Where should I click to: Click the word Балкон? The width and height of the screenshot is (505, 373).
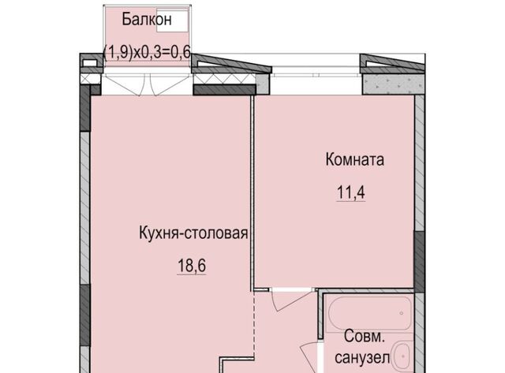[x=147, y=19]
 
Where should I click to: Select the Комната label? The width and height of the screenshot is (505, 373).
[x=354, y=159]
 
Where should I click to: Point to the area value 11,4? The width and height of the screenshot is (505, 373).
[x=350, y=192]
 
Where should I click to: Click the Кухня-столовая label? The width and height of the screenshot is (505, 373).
[x=193, y=233]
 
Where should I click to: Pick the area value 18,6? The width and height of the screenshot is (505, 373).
[x=192, y=266]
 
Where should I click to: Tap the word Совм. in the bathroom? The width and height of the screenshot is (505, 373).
[x=365, y=337]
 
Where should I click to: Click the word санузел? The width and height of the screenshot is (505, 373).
[x=362, y=357]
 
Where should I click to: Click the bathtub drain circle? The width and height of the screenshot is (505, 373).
[x=402, y=313]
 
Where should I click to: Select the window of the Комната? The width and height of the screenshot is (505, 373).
[x=316, y=75]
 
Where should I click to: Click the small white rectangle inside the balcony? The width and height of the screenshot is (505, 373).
[x=172, y=21]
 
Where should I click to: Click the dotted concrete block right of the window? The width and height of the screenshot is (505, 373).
[x=393, y=84]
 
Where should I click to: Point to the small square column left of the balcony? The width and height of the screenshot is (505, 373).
[x=90, y=62]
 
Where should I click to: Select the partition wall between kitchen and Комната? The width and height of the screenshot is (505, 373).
[x=252, y=193]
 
